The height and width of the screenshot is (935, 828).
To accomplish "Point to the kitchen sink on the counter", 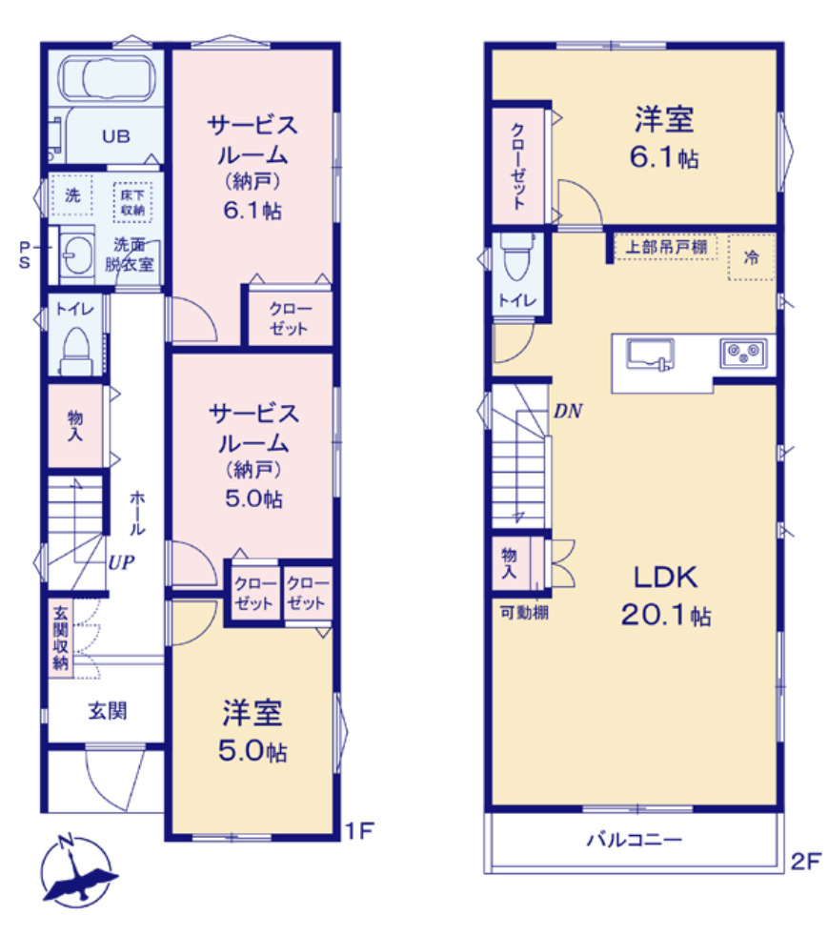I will pyautogui.click(x=650, y=355).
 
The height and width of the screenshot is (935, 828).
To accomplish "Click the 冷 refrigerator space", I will pyautogui.click(x=752, y=256).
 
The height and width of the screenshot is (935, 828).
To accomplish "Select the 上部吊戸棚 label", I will pyautogui.click(x=666, y=247).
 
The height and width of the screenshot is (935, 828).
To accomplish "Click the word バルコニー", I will pyautogui.click(x=634, y=841).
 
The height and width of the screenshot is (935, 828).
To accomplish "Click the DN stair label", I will pyautogui.click(x=568, y=412).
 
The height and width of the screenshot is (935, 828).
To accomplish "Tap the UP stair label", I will pyautogui.click(x=120, y=562).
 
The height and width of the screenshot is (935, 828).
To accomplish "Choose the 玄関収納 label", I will pyautogui.click(x=60, y=638).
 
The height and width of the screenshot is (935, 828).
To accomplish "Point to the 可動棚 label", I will pyautogui.click(x=523, y=613).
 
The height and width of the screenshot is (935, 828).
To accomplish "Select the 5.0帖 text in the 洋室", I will pyautogui.click(x=252, y=751).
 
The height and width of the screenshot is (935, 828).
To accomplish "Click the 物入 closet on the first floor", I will pyautogui.click(x=74, y=425).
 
